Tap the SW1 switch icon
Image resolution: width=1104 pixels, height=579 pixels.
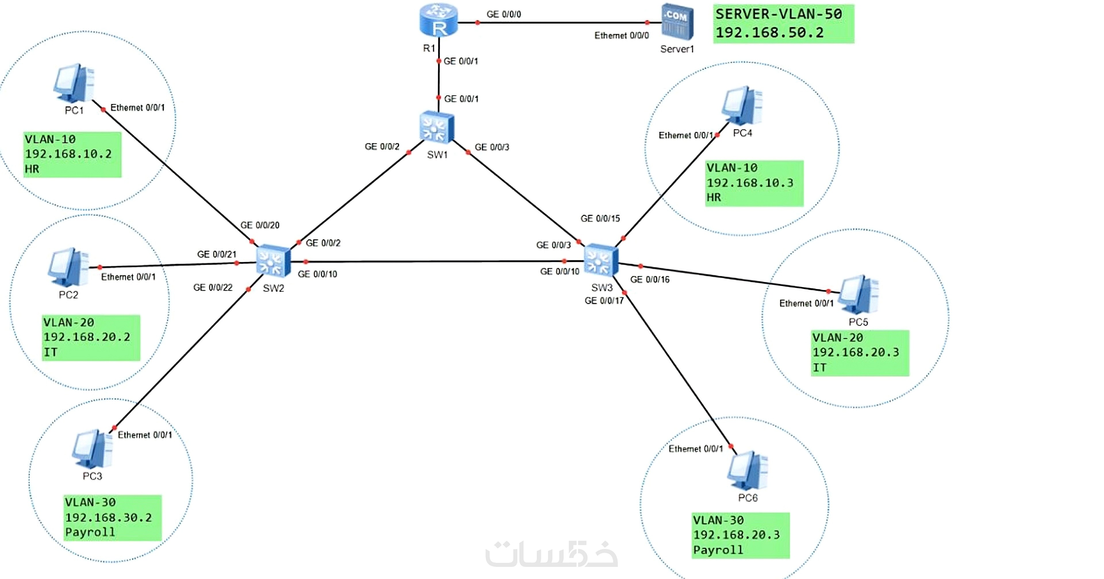[437, 127]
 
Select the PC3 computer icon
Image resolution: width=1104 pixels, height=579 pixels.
[92, 449]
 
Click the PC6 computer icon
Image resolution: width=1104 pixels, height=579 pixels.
[747, 471]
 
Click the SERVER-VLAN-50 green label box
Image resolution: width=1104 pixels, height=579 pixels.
[783, 24]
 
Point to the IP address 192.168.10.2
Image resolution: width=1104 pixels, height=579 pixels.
[68, 154]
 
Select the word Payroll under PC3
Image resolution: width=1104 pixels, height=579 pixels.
[90, 532]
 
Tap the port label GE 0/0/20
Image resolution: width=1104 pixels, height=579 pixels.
[260, 225]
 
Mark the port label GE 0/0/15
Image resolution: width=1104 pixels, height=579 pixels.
[600, 218]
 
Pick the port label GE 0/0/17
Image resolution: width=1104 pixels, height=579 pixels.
[604, 301]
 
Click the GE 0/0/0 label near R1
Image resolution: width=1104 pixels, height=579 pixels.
[504, 14]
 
